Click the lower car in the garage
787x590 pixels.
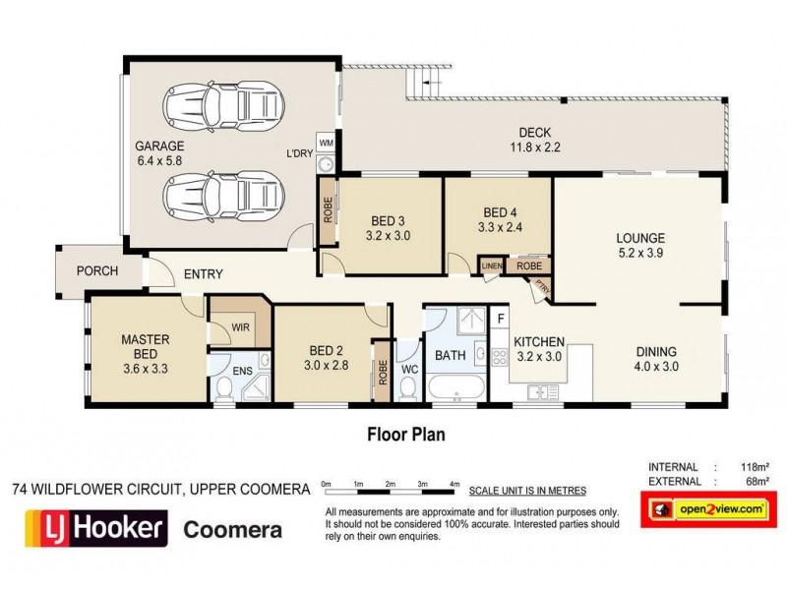pyautogui.click(x=224, y=197)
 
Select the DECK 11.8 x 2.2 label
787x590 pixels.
pyautogui.click(x=535, y=141)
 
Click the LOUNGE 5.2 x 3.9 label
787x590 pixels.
pyautogui.click(x=640, y=246)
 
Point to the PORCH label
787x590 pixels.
pyautogui.click(x=96, y=271)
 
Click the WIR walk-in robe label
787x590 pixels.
pyautogui.click(x=240, y=325)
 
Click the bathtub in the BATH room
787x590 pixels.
pyautogui.click(x=455, y=386)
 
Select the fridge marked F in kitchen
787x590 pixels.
pyautogui.click(x=501, y=319)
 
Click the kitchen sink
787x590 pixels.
pyautogui.click(x=538, y=392)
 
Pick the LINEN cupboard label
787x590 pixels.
pyautogui.click(x=491, y=265)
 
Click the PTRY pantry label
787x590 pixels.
pyautogui.click(x=541, y=286)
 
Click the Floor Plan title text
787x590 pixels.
pyautogui.click(x=407, y=432)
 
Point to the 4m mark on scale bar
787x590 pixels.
pyautogui.click(x=454, y=485)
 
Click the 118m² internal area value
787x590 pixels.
pyautogui.click(x=753, y=467)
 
